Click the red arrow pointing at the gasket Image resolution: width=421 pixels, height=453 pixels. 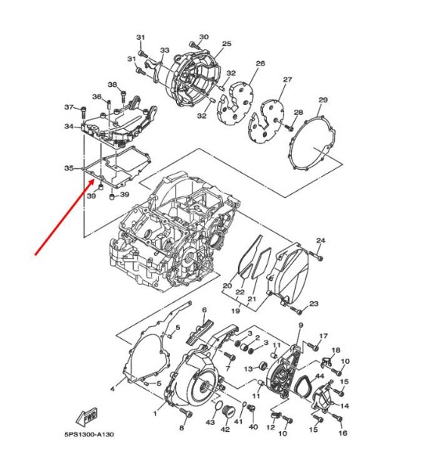(64, 217)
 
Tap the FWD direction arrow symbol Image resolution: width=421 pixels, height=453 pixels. (86, 417)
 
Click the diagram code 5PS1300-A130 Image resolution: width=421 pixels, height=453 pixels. (89, 434)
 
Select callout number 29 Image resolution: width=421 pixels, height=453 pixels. (323, 100)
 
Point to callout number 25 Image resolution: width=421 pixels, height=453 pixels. (227, 44)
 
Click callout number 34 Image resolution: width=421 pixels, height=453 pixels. (69, 126)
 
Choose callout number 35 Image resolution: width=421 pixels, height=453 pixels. (69, 168)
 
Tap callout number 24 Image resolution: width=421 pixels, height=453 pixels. (320, 240)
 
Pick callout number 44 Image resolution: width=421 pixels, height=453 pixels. (319, 376)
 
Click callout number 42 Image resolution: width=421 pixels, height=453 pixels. (225, 430)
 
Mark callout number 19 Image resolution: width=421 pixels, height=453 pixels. (236, 311)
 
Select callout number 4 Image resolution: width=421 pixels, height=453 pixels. (113, 389)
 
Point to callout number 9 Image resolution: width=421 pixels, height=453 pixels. (301, 325)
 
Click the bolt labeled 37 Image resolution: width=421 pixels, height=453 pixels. (83, 112)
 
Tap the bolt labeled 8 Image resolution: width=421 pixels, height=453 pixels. (187, 412)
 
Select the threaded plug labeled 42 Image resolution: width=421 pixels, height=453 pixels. (228, 411)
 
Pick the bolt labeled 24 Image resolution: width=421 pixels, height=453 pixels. (315, 255)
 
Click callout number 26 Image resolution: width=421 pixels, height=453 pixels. (260, 63)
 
